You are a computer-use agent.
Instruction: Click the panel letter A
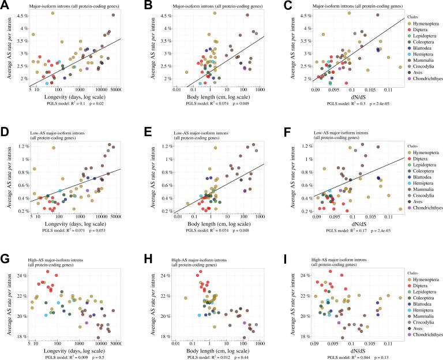pos(5,5)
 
